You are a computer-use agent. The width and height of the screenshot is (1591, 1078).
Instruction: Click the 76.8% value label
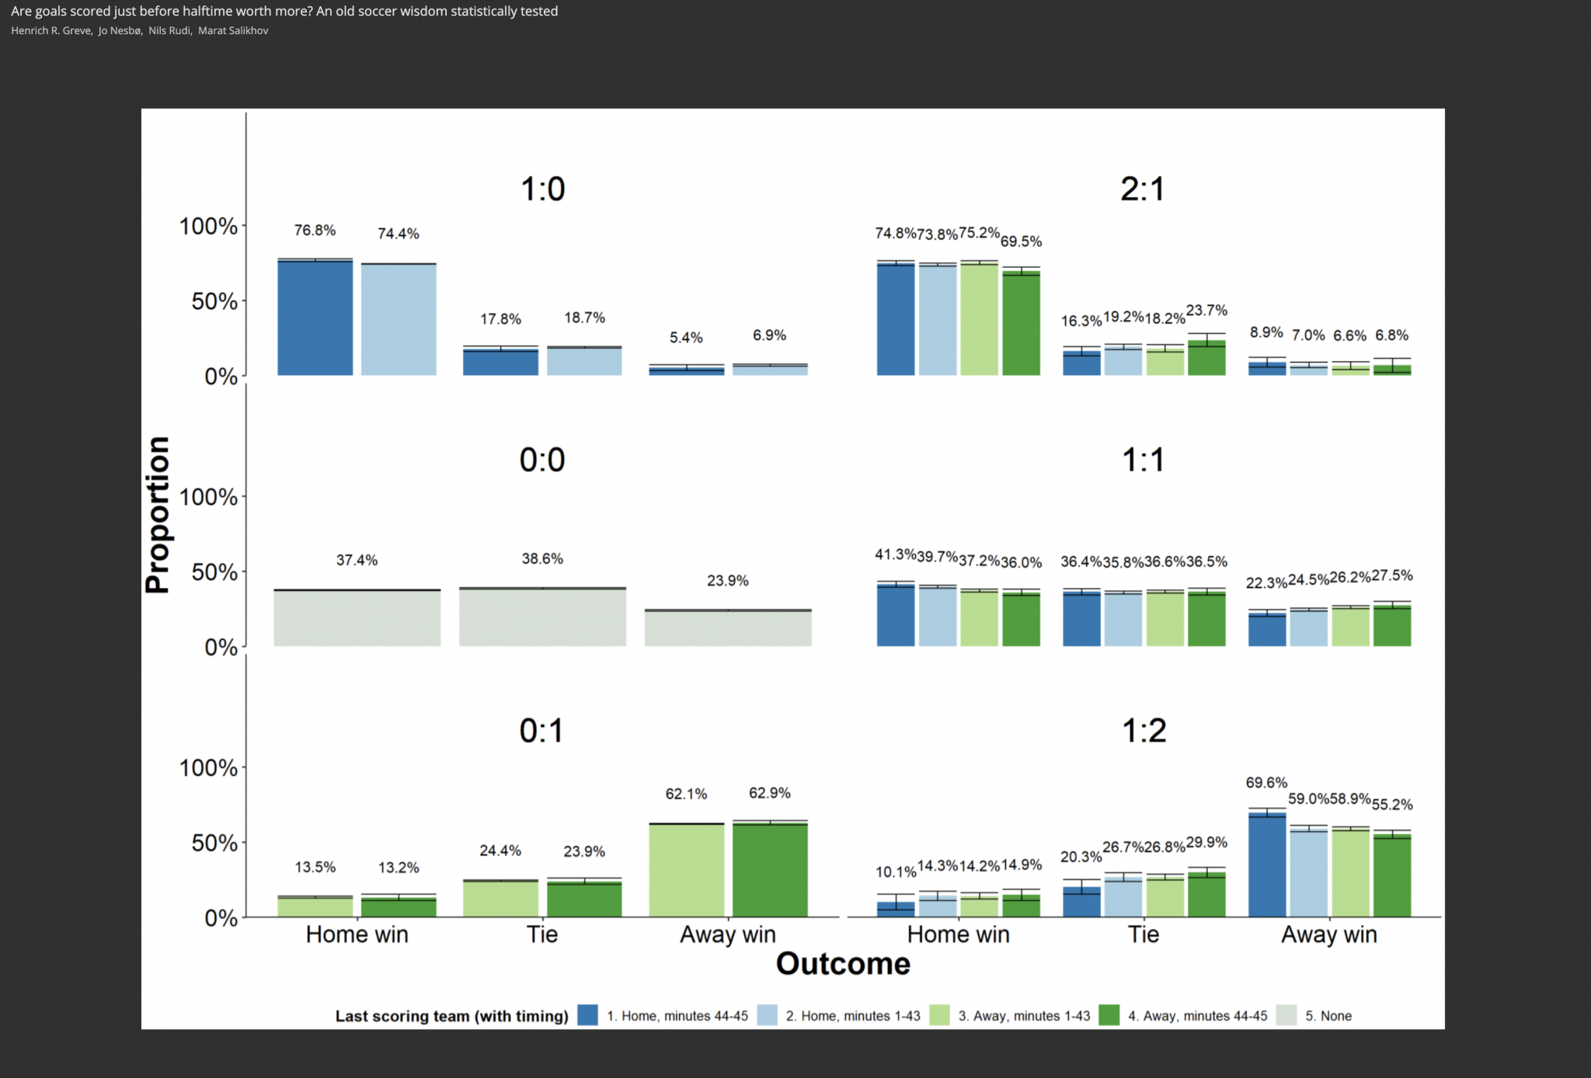point(315,231)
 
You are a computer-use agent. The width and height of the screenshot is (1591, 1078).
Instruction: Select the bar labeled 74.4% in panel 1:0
point(399,319)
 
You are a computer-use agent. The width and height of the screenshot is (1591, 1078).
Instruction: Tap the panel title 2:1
point(1142,190)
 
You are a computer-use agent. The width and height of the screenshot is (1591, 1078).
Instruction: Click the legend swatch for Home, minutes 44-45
point(588,1015)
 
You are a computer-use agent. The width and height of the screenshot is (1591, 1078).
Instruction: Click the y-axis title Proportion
point(158,514)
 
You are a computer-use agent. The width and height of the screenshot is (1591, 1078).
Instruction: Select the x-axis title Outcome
point(843,964)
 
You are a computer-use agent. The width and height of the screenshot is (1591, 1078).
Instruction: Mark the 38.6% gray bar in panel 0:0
point(542,617)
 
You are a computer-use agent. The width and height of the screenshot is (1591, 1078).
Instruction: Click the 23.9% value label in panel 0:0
point(728,581)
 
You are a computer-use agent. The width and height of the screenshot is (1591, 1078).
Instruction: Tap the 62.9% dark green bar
point(770,870)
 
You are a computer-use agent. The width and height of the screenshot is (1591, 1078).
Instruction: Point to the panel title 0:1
point(541,731)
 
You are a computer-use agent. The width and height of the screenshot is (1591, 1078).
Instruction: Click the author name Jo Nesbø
point(120,31)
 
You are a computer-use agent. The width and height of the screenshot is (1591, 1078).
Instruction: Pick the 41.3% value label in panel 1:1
point(895,555)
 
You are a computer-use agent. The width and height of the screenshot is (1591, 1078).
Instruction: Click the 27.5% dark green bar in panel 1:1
point(1392,625)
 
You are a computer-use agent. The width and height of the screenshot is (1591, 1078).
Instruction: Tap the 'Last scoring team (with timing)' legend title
point(451,1016)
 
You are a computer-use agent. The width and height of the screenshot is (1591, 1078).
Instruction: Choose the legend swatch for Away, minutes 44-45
point(1109,1015)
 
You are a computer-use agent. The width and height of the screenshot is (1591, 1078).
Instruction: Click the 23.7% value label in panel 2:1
point(1206,311)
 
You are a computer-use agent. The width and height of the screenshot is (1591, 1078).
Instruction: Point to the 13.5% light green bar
point(315,907)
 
